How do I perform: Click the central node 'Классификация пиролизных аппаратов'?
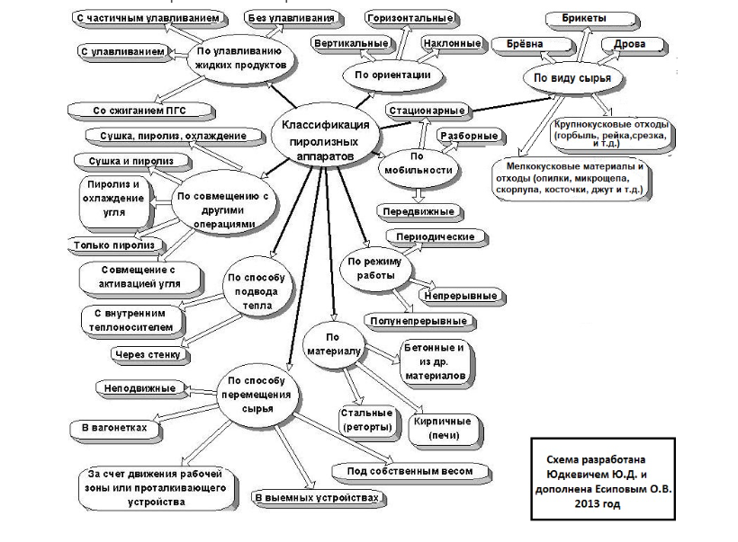pyautogui.click(x=317, y=139)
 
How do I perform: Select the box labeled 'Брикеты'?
pyautogui.click(x=584, y=19)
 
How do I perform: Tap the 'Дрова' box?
pyautogui.click(x=629, y=44)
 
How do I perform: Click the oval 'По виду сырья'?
pyautogui.click(x=572, y=78)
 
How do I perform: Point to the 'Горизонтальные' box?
pyautogui.click(x=409, y=18)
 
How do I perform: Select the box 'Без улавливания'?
pyautogui.click(x=289, y=18)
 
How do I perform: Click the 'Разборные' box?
pyautogui.click(x=468, y=136)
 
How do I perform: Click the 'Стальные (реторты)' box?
pyautogui.click(x=365, y=420)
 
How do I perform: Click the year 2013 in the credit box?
pyautogui.click(x=601, y=504)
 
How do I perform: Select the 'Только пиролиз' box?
pyautogui.click(x=113, y=244)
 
